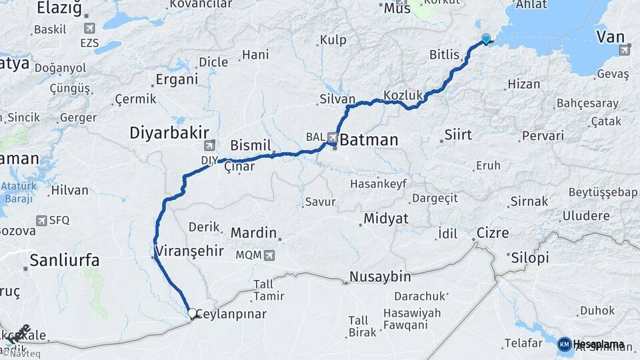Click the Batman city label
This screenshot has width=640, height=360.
(x=369, y=141)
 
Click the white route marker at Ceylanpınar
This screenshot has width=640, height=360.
(x=192, y=313)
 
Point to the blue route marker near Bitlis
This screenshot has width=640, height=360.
(x=485, y=39)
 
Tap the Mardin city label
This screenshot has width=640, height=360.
(x=253, y=233)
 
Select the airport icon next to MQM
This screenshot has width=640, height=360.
(x=269, y=255)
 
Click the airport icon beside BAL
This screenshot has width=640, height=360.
(x=332, y=137)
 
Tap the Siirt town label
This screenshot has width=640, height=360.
(x=458, y=135)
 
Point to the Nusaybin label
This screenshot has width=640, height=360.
(x=380, y=277)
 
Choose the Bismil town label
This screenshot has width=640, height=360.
(x=251, y=145)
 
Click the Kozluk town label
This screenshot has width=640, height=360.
(x=403, y=95)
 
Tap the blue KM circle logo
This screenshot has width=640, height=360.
(x=564, y=344)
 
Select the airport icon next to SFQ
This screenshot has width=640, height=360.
(x=43, y=220)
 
